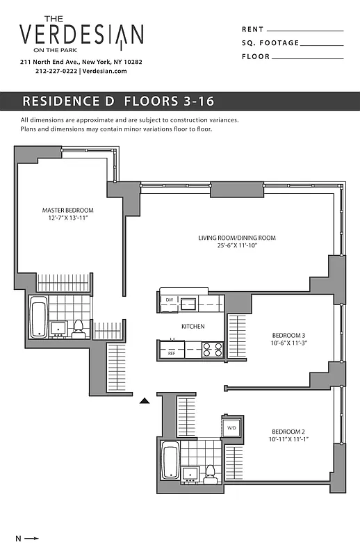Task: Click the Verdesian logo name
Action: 81,34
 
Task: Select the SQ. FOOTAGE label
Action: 270,43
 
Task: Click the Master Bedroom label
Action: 67,211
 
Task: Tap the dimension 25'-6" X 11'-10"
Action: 237,246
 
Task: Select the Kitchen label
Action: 192,326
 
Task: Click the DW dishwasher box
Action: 169,301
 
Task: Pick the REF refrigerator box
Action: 171,353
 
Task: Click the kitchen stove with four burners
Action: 212,350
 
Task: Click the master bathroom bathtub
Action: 39,316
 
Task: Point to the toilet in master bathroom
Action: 79,327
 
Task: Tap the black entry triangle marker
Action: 145,401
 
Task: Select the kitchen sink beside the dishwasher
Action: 188,302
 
